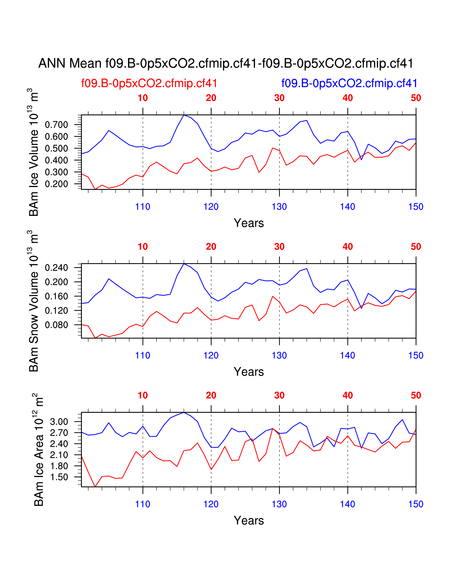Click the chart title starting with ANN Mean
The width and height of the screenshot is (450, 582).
[x=226, y=64]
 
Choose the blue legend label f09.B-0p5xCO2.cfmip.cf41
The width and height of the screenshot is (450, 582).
[x=349, y=83]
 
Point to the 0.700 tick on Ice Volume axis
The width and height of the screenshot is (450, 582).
[x=56, y=125]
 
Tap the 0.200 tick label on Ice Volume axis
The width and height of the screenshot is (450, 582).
[x=56, y=184]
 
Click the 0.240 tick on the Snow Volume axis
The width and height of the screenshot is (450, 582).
[x=56, y=268]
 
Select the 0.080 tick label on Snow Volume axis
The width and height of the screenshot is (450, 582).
[x=56, y=325]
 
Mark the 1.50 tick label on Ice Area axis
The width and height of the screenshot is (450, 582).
[x=59, y=477]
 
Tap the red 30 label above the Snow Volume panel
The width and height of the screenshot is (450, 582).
[x=279, y=247]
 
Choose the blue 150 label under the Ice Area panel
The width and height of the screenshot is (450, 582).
[x=416, y=504]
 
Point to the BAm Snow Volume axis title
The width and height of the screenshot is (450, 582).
[x=34, y=301]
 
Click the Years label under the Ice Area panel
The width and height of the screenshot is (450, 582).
[x=249, y=520]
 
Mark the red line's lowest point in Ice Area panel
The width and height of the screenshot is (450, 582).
[x=95, y=487]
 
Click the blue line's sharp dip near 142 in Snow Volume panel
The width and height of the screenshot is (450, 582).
[x=361, y=308]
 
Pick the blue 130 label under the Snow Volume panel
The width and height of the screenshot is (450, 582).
[x=279, y=356]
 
